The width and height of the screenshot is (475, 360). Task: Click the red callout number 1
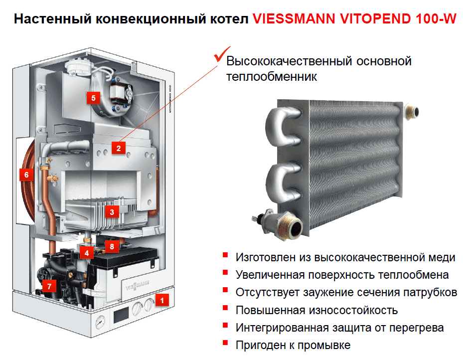[161, 300]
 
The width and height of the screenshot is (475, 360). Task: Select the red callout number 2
[118, 148]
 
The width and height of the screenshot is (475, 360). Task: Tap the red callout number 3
[112, 212]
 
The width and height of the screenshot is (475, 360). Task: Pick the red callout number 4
[87, 253]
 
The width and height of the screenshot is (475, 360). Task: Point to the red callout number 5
[93, 97]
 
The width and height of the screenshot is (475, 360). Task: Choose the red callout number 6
[26, 175]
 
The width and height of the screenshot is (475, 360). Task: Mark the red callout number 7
[48, 286]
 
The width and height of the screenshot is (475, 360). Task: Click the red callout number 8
[112, 246]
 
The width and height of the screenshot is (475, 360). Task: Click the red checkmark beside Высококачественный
[218, 55]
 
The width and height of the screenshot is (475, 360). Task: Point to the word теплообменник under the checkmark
[272, 77]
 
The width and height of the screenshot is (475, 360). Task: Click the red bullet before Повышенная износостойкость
[226, 309]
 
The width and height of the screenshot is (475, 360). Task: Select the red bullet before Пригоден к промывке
[226, 344]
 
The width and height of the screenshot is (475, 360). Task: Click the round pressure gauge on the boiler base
[101, 318]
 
